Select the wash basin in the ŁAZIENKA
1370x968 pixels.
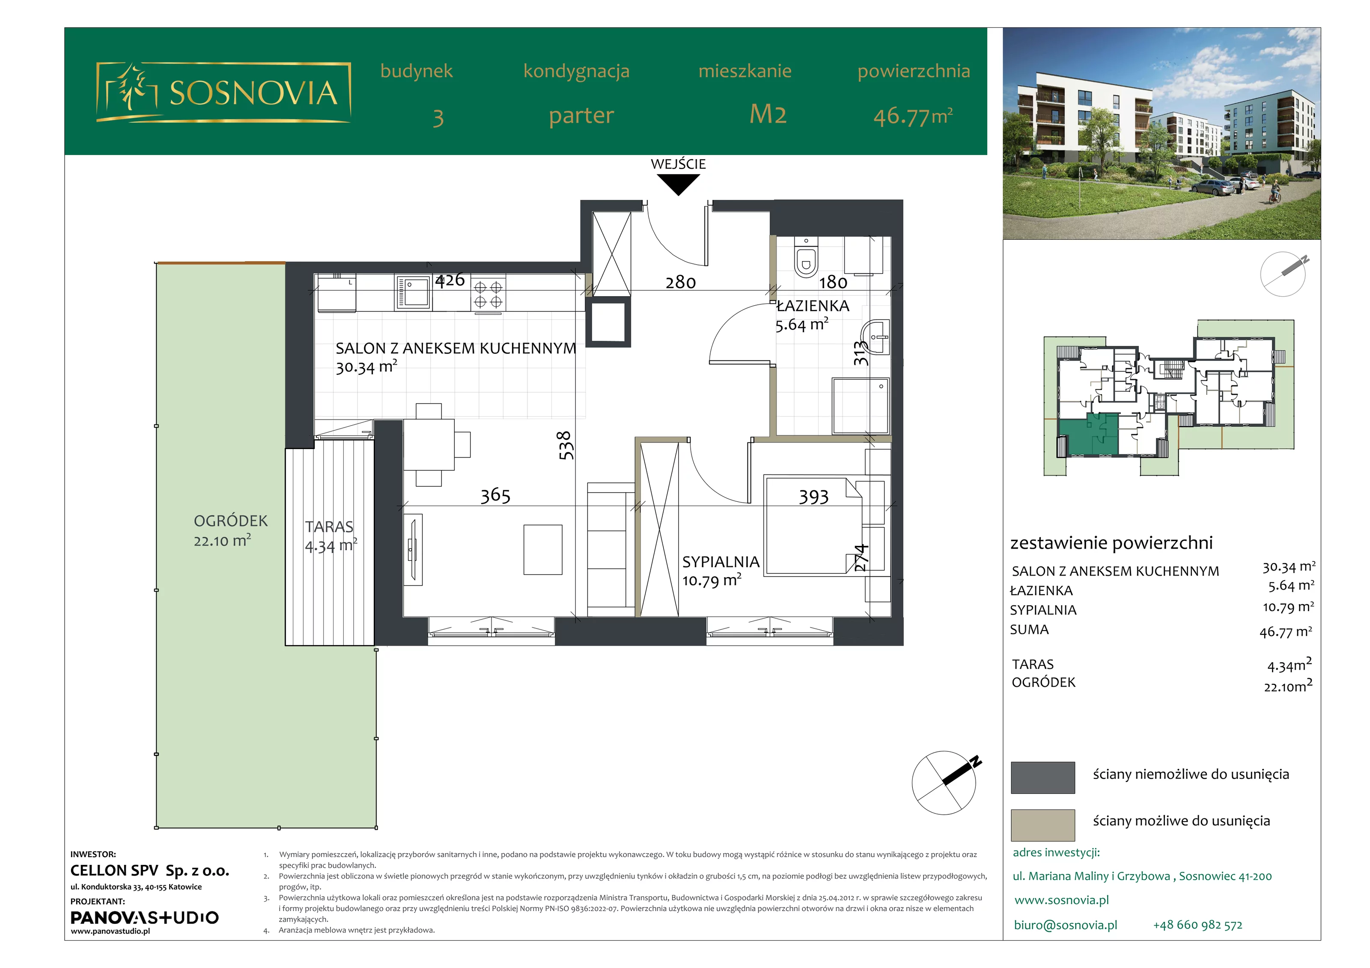(875, 338)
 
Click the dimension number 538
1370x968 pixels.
(565, 445)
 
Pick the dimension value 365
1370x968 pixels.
(495, 495)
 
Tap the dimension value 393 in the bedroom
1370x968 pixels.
(814, 497)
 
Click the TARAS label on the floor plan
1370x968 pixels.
(329, 526)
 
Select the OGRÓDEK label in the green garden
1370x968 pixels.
(231, 521)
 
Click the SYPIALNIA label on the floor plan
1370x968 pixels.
(721, 562)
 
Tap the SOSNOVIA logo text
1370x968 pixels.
(253, 92)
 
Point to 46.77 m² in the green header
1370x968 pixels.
(913, 116)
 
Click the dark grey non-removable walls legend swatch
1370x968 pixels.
(1043, 777)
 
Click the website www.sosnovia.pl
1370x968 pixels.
(1061, 900)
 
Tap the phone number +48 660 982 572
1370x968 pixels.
(1197, 925)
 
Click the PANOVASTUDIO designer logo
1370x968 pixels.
(144, 917)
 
